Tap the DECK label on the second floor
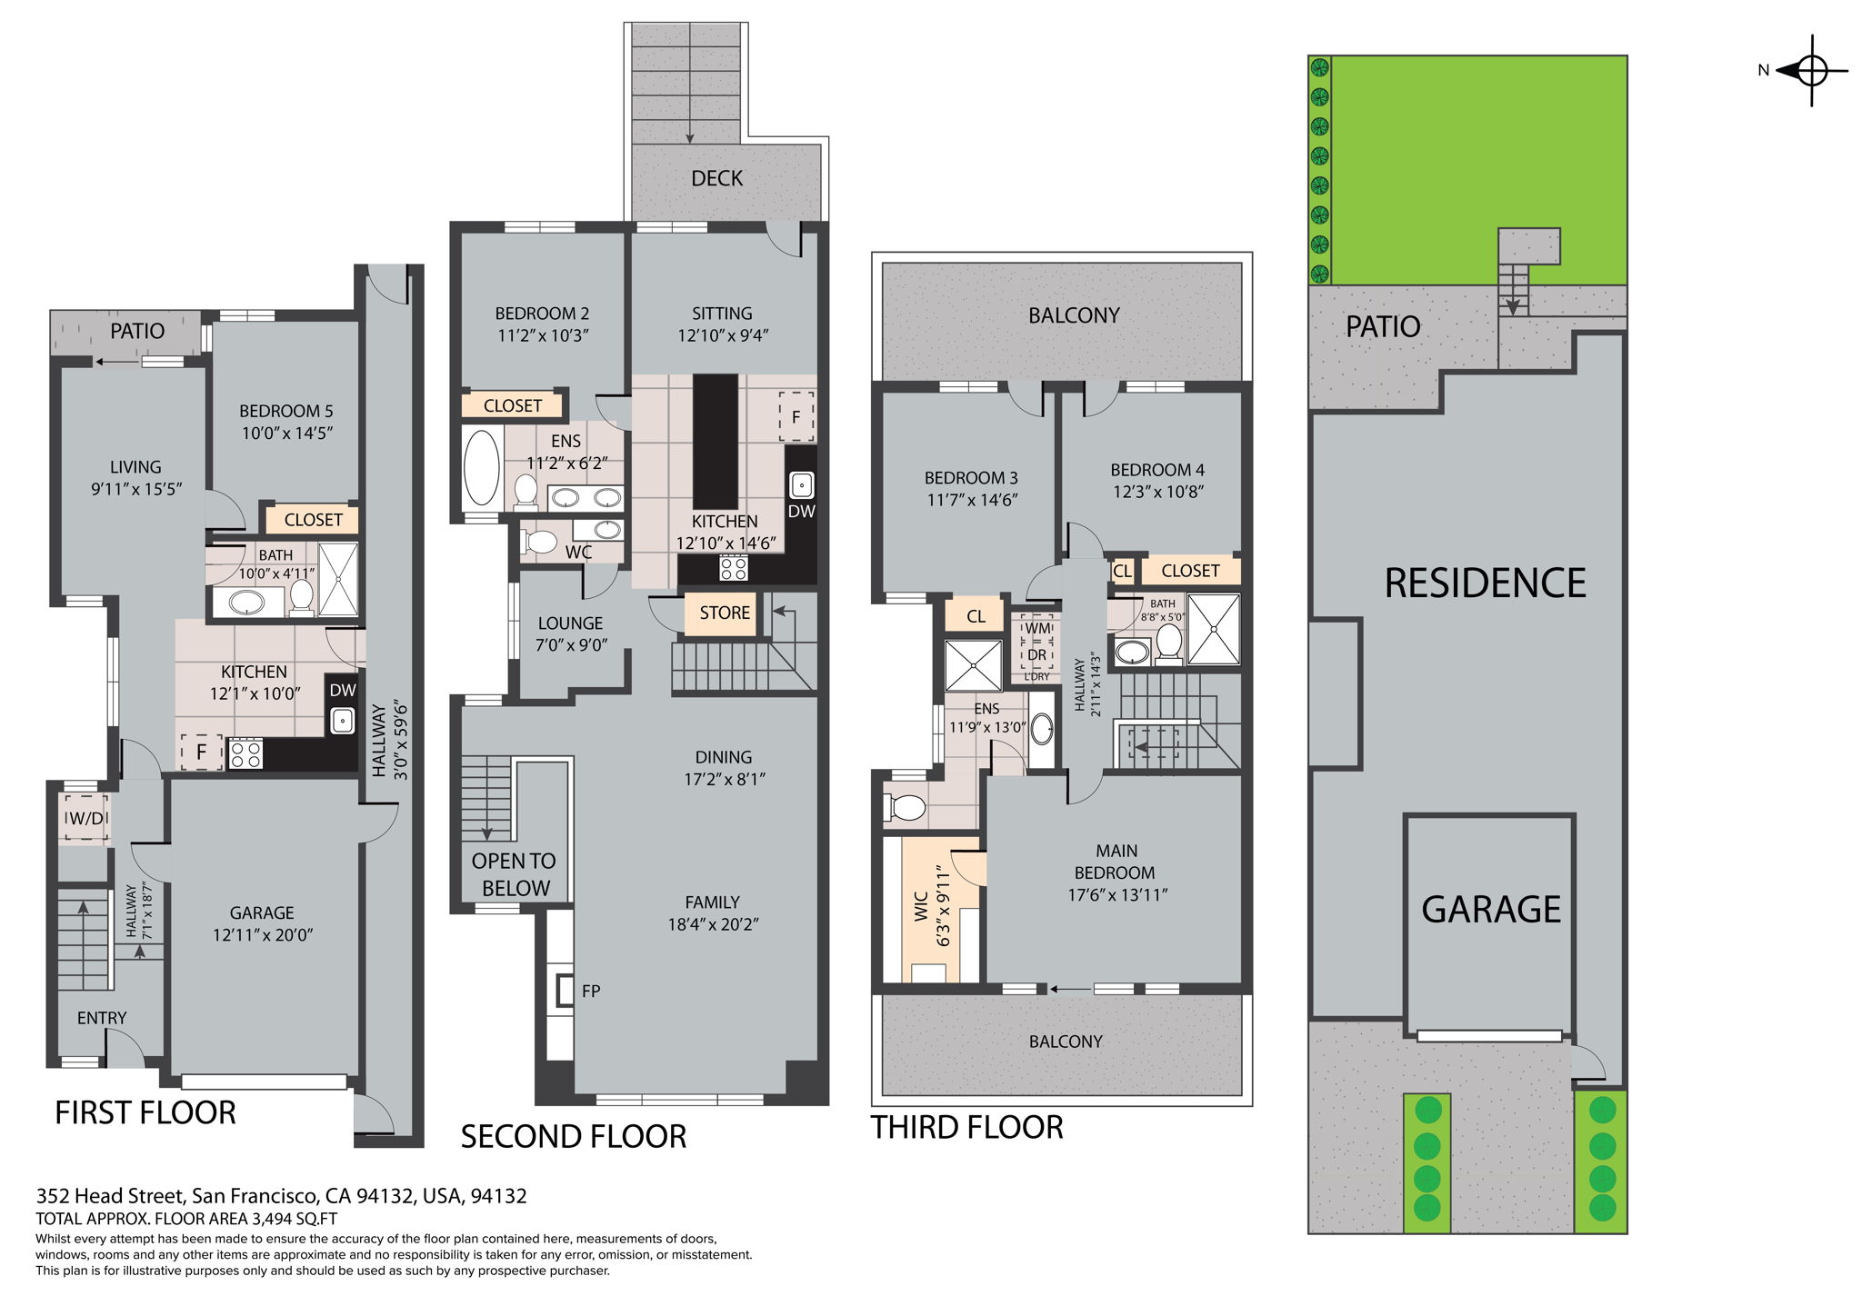716,178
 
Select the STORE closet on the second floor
725,613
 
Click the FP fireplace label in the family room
591,991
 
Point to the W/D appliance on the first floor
86,818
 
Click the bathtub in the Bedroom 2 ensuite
481,467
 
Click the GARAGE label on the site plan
1490,909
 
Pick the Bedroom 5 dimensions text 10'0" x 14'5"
286,433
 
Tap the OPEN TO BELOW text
515,874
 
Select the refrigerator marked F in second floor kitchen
796,417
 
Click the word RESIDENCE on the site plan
1484,583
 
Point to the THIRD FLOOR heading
966,1127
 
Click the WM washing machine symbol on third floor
1037,628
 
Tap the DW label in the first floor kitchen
342,691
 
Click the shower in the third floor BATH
1214,628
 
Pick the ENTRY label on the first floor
102,1018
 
